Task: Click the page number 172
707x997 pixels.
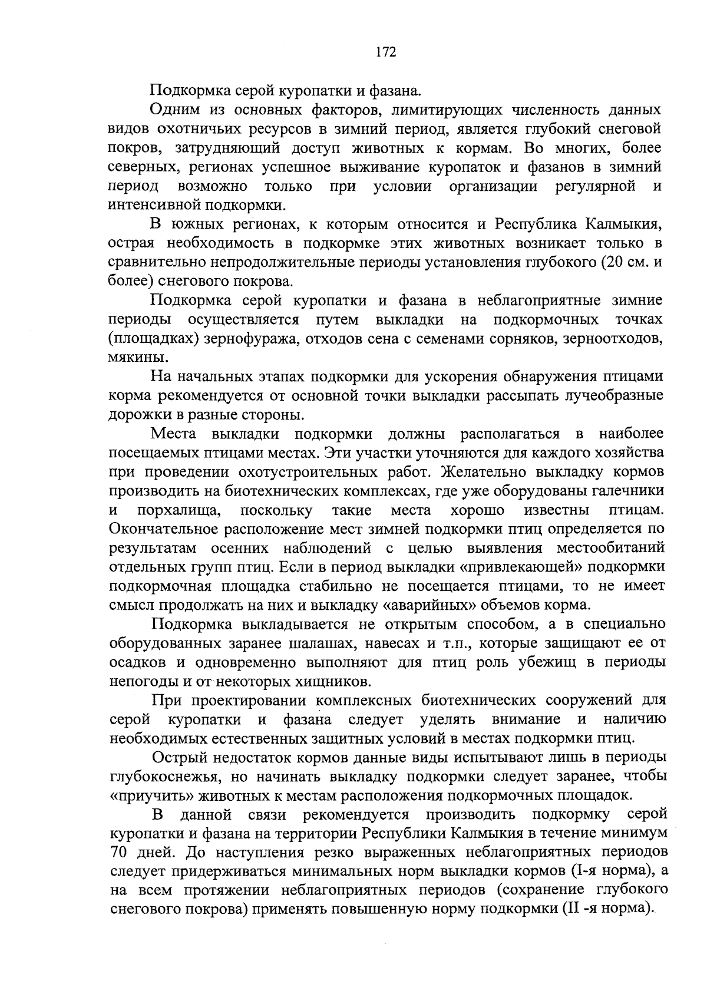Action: point(386,52)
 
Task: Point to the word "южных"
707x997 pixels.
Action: point(197,225)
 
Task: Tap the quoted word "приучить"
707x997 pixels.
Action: point(148,795)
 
